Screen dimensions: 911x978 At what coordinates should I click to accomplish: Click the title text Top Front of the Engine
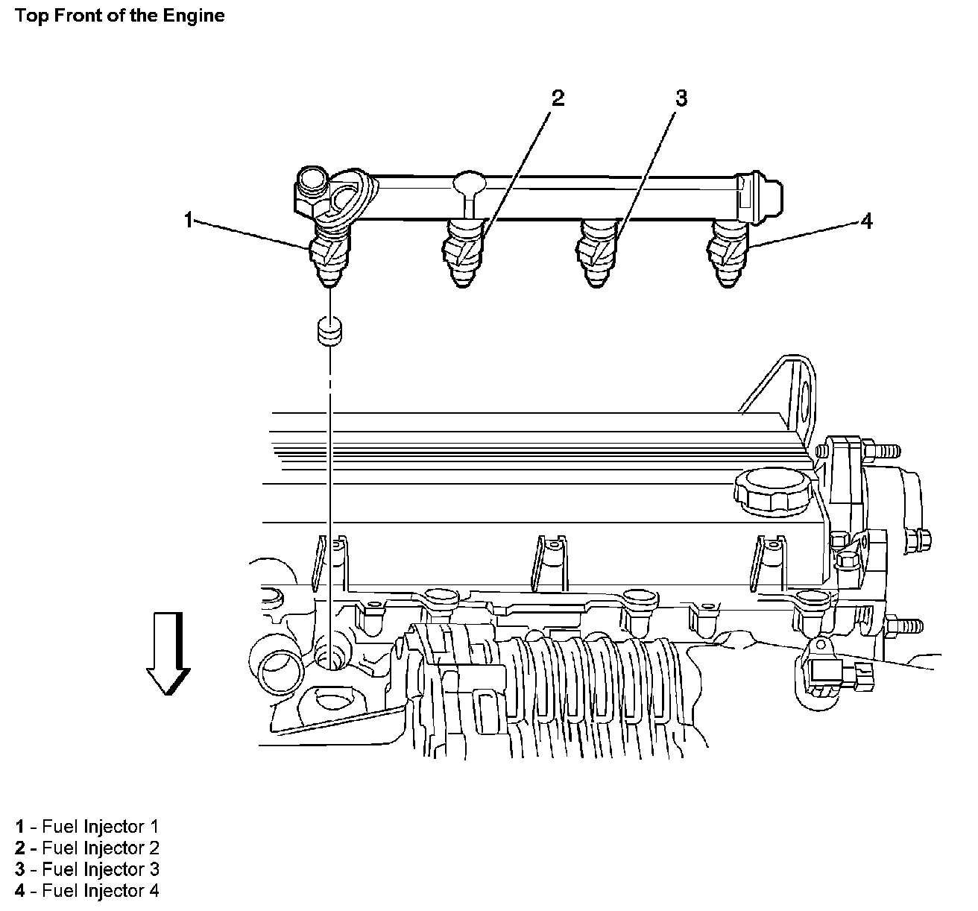pyautogui.click(x=120, y=15)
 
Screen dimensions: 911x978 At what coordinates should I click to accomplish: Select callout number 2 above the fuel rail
pyautogui.click(x=557, y=98)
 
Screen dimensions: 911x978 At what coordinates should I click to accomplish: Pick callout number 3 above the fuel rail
pyautogui.click(x=681, y=98)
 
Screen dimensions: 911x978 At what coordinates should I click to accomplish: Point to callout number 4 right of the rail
pyautogui.click(x=866, y=221)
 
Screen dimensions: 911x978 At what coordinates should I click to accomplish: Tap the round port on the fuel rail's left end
pyautogui.click(x=310, y=181)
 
